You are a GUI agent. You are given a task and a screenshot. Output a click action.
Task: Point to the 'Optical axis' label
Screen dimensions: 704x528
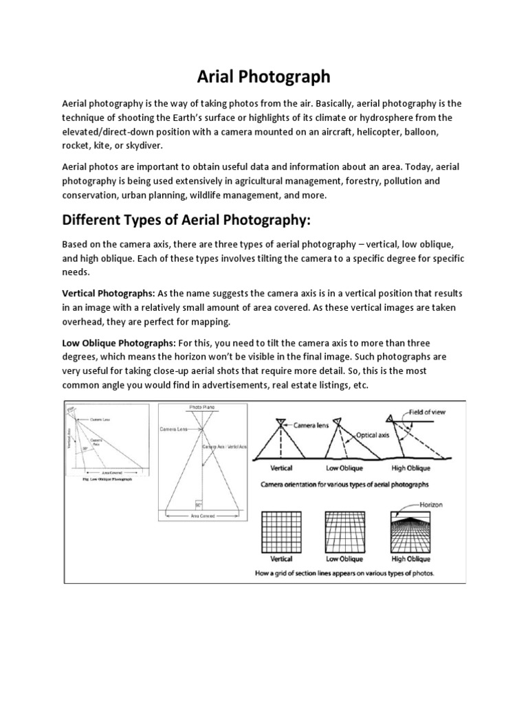(375, 435)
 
